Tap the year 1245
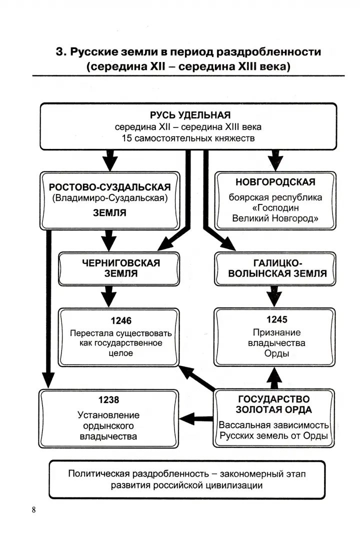(x=276, y=319)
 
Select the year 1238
(x=109, y=400)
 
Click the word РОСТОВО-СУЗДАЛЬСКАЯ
(x=109, y=187)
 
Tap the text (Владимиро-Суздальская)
(x=109, y=198)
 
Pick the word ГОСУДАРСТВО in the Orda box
(x=273, y=399)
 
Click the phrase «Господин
(x=275, y=208)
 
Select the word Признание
(x=276, y=332)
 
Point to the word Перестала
(x=91, y=333)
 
